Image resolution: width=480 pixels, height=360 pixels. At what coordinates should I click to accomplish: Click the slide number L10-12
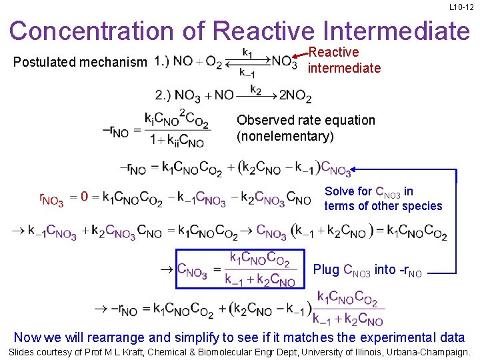coord(461,7)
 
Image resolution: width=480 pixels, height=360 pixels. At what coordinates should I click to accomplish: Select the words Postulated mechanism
coord(80,63)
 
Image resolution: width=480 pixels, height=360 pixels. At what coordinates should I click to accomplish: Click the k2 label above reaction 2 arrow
coord(256,88)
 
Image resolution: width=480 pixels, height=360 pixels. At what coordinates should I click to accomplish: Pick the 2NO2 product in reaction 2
coord(295,97)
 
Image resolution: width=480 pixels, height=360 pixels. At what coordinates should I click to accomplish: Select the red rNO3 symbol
coord(51,199)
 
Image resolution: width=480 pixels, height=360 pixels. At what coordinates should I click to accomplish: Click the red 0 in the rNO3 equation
coord(85,197)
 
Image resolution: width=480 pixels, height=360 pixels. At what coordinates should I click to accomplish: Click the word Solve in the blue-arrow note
coord(339,191)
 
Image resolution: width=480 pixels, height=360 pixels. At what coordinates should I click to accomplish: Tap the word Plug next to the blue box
coord(326,269)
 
